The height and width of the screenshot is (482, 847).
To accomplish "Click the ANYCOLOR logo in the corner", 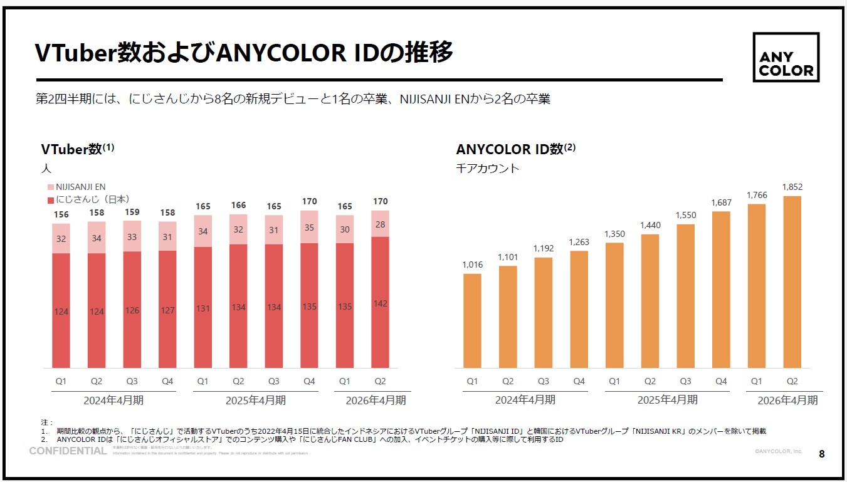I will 786,57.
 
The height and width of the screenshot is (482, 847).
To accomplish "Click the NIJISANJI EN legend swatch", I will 51,187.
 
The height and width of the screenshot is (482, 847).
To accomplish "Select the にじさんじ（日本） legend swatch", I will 51,199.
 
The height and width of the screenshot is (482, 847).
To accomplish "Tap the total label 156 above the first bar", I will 61,214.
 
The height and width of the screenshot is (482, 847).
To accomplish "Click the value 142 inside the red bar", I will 380,303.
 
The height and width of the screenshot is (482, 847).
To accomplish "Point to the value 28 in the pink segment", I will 380,224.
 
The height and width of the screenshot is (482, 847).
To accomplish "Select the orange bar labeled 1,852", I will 792,282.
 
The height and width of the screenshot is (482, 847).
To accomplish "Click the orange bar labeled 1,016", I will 472,320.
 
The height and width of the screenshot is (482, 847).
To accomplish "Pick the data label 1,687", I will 721,202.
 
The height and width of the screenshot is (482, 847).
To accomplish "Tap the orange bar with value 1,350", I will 614,305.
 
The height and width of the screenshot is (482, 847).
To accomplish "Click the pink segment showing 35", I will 309,228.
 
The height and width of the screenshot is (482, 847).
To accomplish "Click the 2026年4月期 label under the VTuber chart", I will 376,400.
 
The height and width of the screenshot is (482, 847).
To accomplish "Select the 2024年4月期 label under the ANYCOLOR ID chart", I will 525,399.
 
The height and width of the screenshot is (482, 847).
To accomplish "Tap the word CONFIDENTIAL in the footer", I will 68,451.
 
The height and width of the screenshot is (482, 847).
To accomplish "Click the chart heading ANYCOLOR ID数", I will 510,149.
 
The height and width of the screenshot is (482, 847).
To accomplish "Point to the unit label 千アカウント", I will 488,168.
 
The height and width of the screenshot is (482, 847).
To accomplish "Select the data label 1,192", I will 543,248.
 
